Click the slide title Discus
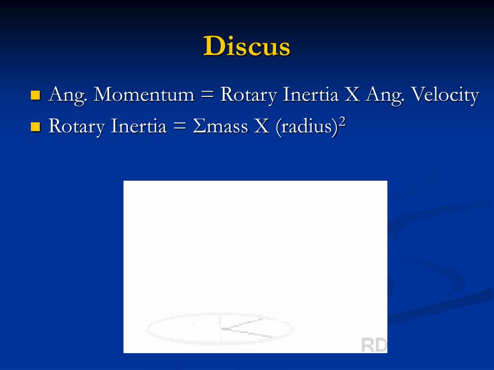(x=247, y=47)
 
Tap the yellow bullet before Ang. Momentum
(x=35, y=94)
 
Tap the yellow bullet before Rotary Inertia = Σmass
(x=35, y=127)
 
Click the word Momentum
(x=144, y=94)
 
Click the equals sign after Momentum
(x=207, y=95)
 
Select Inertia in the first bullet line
(x=311, y=94)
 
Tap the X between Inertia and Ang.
(x=352, y=95)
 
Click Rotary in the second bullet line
(x=77, y=127)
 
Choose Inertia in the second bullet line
(x=139, y=126)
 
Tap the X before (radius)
(x=262, y=127)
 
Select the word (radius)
(x=305, y=127)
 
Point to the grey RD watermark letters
(x=374, y=344)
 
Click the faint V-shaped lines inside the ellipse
(x=244, y=328)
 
